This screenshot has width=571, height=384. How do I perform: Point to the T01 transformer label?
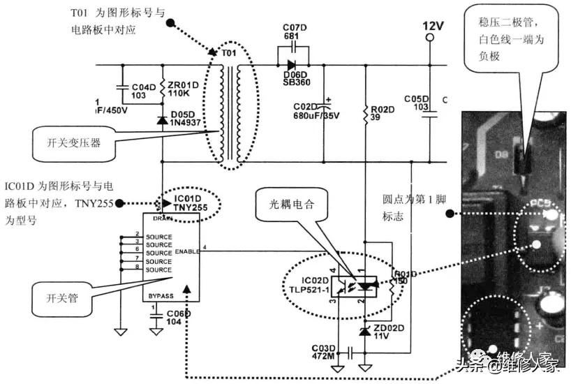[x=228, y=53]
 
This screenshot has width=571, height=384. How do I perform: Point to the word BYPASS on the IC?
[x=161, y=296]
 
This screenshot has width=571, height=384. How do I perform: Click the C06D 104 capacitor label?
[x=179, y=319]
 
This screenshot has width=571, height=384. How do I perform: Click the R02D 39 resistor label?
[x=382, y=115]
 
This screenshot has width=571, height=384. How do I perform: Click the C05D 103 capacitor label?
[x=418, y=103]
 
